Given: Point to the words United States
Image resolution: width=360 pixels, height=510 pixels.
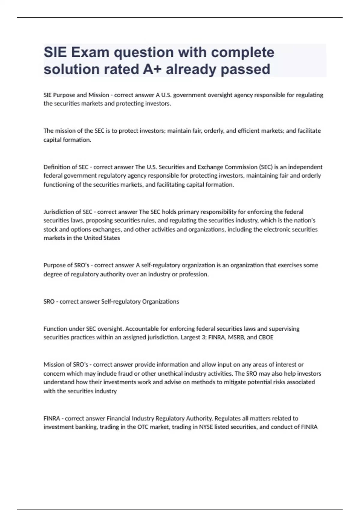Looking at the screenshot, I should [102, 238].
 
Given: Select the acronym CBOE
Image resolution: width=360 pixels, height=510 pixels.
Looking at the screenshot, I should [266, 337].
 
